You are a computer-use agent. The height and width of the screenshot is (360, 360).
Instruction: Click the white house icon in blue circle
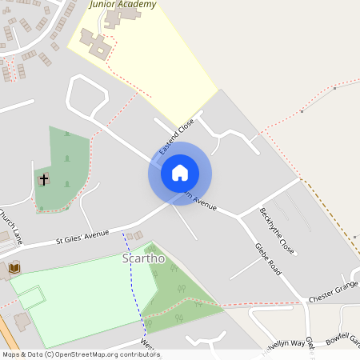pyautogui.click(x=180, y=173)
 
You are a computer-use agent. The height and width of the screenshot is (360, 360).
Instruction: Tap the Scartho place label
pyautogui.click(x=143, y=258)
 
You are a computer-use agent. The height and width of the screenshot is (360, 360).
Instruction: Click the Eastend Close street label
pyautogui.click(x=177, y=137)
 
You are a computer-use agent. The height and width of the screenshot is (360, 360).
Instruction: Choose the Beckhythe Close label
pyautogui.click(x=277, y=231)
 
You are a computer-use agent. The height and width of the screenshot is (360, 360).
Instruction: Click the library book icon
pyautogui.click(x=14, y=267)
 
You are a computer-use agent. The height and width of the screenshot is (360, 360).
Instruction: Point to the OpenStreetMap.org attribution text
pyautogui.click(x=104, y=354)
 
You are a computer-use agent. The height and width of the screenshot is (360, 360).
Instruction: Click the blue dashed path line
pyautogui.click(x=131, y=272)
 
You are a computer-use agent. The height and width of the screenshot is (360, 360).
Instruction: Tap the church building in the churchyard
pyautogui.click(x=43, y=179)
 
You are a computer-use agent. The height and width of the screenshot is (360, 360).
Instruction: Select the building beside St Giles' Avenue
pyautogui.click(x=134, y=236)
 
